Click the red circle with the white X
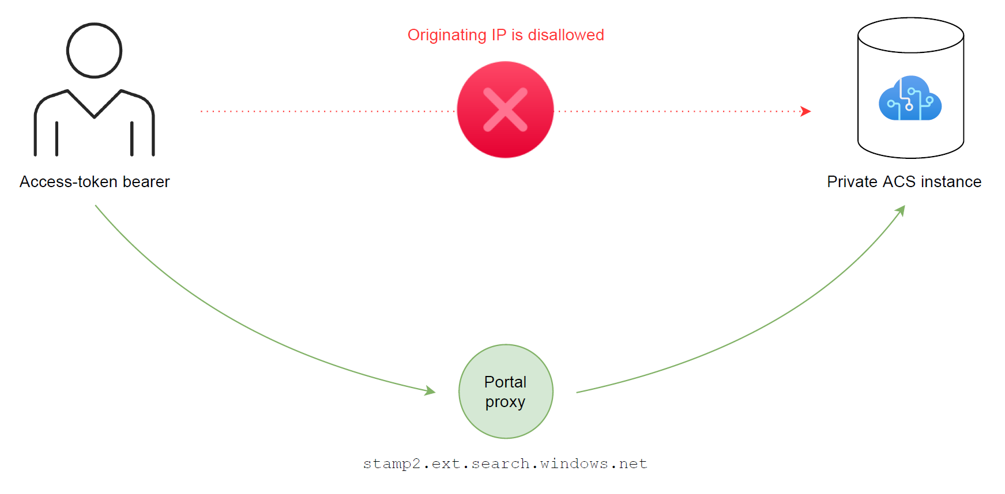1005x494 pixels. pos(505,109)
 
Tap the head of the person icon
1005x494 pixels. pos(95,51)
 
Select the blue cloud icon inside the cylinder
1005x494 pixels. pos(910,98)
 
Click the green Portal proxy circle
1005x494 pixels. pos(506,392)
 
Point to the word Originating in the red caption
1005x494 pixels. pos(447,35)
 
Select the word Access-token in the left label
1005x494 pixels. pos(69,182)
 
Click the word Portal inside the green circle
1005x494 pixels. pos(505,382)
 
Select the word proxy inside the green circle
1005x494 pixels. pos(505,402)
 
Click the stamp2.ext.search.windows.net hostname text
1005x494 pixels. pos(505,463)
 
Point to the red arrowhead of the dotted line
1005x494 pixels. pos(806,111)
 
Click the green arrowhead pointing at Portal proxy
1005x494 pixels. pos(430,391)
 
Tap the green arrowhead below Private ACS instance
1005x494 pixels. pos(900,211)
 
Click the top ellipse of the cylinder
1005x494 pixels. pos(910,35)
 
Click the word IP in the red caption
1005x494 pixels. pos(499,35)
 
